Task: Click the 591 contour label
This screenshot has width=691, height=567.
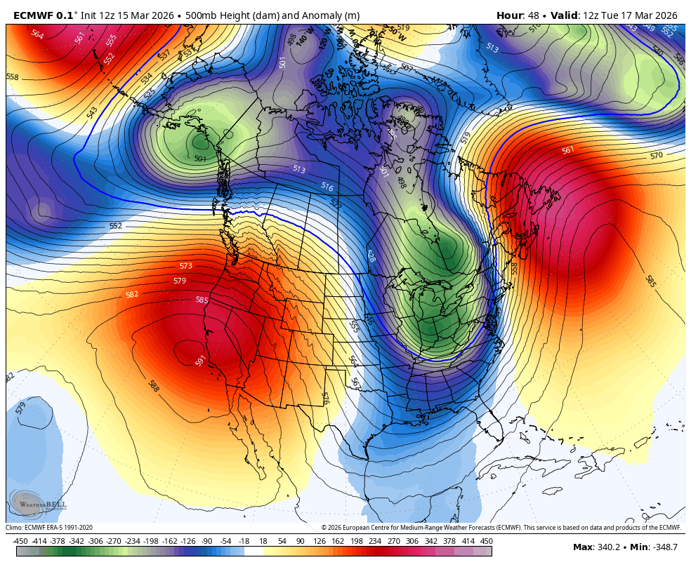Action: point(201,361)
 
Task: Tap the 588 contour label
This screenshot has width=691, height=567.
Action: point(153,385)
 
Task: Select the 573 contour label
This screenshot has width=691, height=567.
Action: point(185,266)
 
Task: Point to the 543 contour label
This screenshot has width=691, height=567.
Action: point(92,112)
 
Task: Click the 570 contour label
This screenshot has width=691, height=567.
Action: point(656,155)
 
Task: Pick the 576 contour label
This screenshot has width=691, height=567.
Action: point(325,398)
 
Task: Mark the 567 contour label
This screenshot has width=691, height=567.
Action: point(356,384)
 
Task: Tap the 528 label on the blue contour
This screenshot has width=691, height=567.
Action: point(371,255)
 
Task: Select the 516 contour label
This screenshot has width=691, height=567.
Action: point(327,187)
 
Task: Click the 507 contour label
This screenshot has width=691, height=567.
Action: point(407,69)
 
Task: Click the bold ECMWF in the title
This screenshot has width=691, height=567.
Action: point(33,15)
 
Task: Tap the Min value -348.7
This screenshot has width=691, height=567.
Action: point(663,547)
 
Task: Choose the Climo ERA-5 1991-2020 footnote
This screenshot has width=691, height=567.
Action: point(49,528)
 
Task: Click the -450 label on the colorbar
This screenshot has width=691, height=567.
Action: point(20,541)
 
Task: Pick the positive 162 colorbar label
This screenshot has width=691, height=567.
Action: point(338,541)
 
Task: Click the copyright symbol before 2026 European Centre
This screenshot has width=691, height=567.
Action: point(324,528)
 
